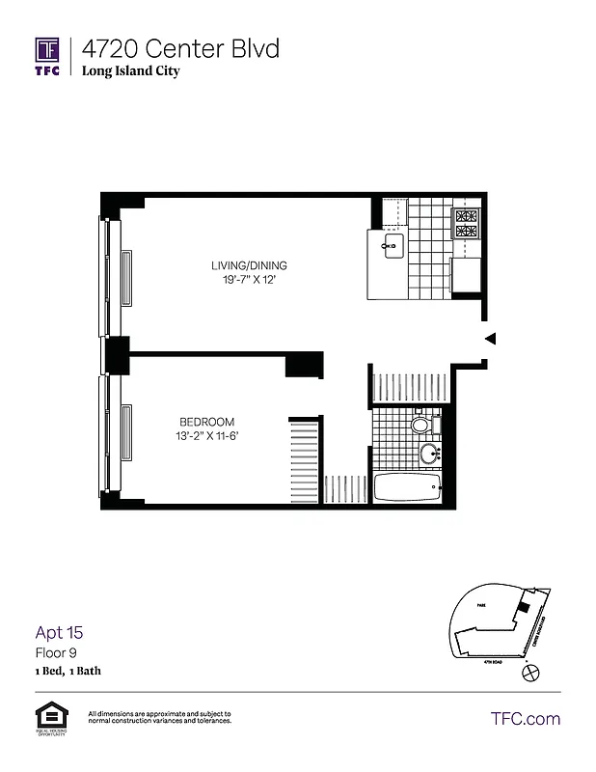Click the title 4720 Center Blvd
click(180, 48)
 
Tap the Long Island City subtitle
click(130, 70)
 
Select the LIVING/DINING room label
click(250, 266)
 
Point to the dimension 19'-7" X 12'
click(250, 281)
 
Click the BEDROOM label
click(207, 423)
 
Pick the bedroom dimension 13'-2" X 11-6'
click(207, 437)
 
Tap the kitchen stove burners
click(467, 224)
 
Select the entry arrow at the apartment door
click(490, 338)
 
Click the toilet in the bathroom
click(421, 424)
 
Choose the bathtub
click(407, 486)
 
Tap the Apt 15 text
click(60, 633)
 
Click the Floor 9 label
click(55, 653)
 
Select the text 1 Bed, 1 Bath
click(68, 671)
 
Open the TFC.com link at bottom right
click(526, 718)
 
